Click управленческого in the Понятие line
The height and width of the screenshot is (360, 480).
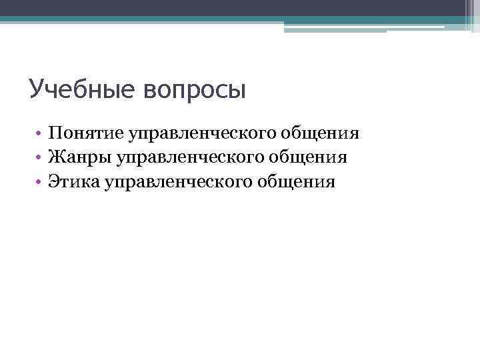209,135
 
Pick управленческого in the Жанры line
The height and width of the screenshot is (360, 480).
197,159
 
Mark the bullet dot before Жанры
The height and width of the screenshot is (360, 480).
39,158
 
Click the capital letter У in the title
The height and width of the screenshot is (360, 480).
37,89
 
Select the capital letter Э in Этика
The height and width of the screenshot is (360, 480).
53,181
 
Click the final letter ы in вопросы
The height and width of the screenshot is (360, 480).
237,92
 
